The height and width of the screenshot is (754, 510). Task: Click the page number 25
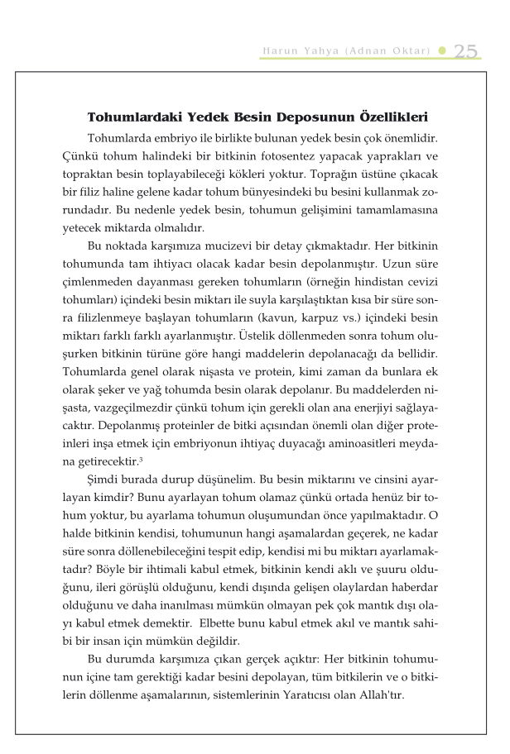[466, 50]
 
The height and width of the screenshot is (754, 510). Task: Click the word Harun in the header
[277, 51]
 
